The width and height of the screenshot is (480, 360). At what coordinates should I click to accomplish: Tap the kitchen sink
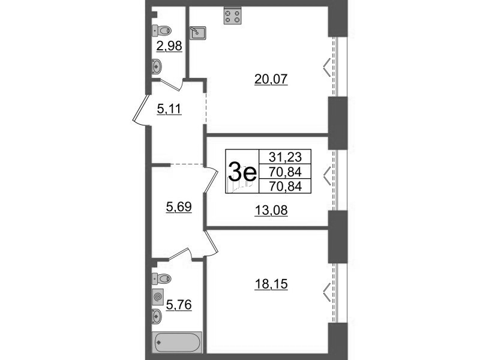[198, 33]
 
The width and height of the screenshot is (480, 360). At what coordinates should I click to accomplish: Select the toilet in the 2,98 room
[161, 31]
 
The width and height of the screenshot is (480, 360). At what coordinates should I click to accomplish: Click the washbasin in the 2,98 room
[157, 67]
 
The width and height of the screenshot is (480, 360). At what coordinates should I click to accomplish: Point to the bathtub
[177, 342]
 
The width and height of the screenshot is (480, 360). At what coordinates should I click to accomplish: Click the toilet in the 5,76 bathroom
[161, 278]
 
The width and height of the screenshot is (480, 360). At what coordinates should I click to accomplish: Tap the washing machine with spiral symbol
[158, 296]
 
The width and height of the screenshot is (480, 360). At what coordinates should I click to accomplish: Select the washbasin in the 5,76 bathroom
[157, 316]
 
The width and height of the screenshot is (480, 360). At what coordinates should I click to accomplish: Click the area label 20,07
[271, 79]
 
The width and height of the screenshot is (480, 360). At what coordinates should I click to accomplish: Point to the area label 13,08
[271, 211]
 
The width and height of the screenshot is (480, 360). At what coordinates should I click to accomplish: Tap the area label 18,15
[271, 284]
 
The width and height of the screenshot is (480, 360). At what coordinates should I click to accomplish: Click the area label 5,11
[169, 109]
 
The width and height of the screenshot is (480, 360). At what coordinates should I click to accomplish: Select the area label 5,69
[179, 207]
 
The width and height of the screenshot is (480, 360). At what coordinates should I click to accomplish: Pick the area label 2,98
[169, 46]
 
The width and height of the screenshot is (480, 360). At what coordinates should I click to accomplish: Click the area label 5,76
[179, 305]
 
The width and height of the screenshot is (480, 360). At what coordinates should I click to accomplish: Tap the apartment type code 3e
[242, 172]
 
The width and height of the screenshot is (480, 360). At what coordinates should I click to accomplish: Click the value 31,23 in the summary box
[286, 157]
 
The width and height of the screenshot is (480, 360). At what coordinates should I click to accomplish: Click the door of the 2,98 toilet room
[172, 85]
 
